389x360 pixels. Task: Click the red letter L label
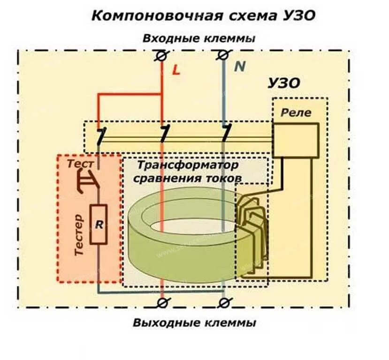point(176,70)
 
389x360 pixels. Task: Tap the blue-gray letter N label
point(240,67)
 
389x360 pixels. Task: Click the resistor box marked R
point(99,224)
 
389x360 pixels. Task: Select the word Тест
point(80,164)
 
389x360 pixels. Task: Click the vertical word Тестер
point(80,235)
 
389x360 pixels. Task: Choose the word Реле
point(296,112)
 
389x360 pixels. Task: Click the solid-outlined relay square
point(296,140)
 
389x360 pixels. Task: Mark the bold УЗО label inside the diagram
point(283,83)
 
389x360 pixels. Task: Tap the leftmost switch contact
point(100,136)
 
